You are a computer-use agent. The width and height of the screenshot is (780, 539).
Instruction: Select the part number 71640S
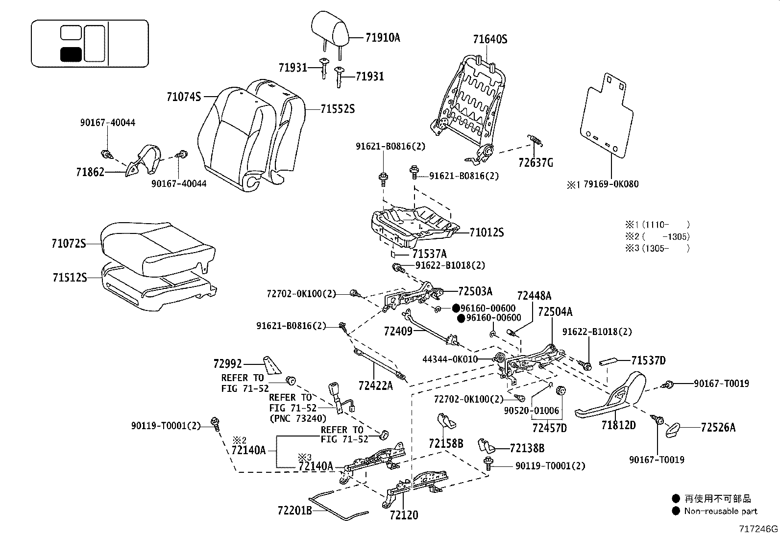coord(489,39)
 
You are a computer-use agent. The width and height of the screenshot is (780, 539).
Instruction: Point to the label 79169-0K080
coord(611,184)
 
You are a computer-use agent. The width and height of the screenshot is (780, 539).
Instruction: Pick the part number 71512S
coord(70,278)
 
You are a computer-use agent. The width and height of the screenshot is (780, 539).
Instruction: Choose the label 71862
coord(90,172)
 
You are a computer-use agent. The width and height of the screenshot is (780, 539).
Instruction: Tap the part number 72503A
coord(475,291)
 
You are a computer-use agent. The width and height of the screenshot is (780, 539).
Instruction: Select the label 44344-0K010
coord(450,359)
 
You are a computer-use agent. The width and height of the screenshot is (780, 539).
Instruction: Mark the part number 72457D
coord(549,428)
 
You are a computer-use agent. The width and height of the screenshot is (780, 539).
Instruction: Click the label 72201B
coord(294,511)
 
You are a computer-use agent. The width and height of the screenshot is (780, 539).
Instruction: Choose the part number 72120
coord(404,515)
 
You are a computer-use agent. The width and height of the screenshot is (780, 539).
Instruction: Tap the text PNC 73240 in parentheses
coord(297,418)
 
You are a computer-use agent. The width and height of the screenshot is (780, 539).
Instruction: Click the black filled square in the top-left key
coord(71,54)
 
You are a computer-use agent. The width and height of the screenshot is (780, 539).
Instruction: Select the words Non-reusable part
coord(721,511)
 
